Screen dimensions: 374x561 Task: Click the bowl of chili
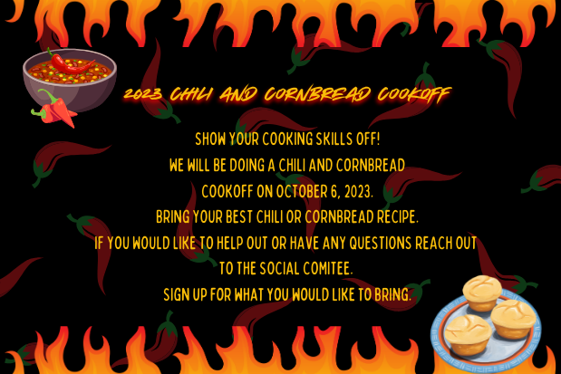68,82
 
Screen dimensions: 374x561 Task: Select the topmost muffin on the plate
481,292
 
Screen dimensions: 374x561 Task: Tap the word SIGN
178,295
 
